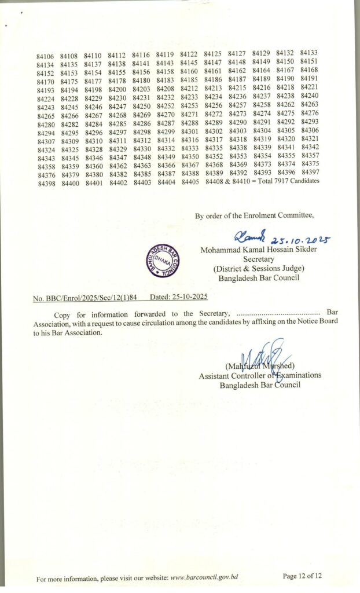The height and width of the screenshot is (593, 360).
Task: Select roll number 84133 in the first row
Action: pos(310,53)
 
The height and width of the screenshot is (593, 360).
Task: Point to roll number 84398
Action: pos(45,183)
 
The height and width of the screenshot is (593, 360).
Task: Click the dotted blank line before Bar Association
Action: pos(279,313)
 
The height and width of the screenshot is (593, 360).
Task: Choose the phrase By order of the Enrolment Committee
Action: pos(254,216)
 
